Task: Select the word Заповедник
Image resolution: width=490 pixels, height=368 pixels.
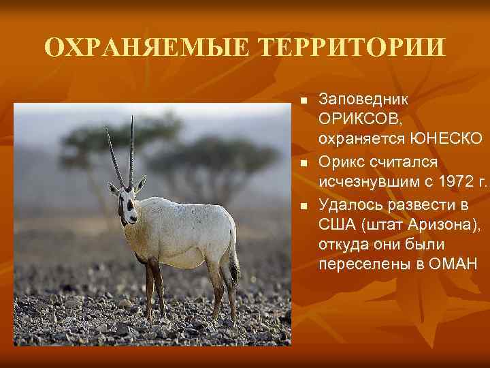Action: [x=363, y=100]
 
